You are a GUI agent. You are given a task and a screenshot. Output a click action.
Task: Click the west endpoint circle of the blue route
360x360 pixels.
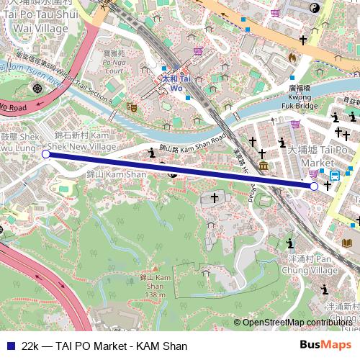45,153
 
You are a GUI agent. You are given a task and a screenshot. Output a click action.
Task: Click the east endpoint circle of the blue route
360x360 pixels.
314,186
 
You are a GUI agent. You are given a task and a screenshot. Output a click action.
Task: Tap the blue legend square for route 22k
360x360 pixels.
8,346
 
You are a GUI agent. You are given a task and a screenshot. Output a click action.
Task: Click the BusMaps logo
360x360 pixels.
325,346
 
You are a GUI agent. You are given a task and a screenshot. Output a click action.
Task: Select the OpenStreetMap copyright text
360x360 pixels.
295,323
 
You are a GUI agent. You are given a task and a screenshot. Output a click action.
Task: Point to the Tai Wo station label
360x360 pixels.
176,83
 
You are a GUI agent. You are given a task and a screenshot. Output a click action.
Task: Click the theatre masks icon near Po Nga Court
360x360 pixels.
132,106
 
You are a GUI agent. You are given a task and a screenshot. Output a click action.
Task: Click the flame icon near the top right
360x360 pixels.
292,57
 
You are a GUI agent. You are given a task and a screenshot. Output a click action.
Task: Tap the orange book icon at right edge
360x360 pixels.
348,243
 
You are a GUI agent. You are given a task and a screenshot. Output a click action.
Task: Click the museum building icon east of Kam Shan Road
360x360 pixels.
264,166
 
